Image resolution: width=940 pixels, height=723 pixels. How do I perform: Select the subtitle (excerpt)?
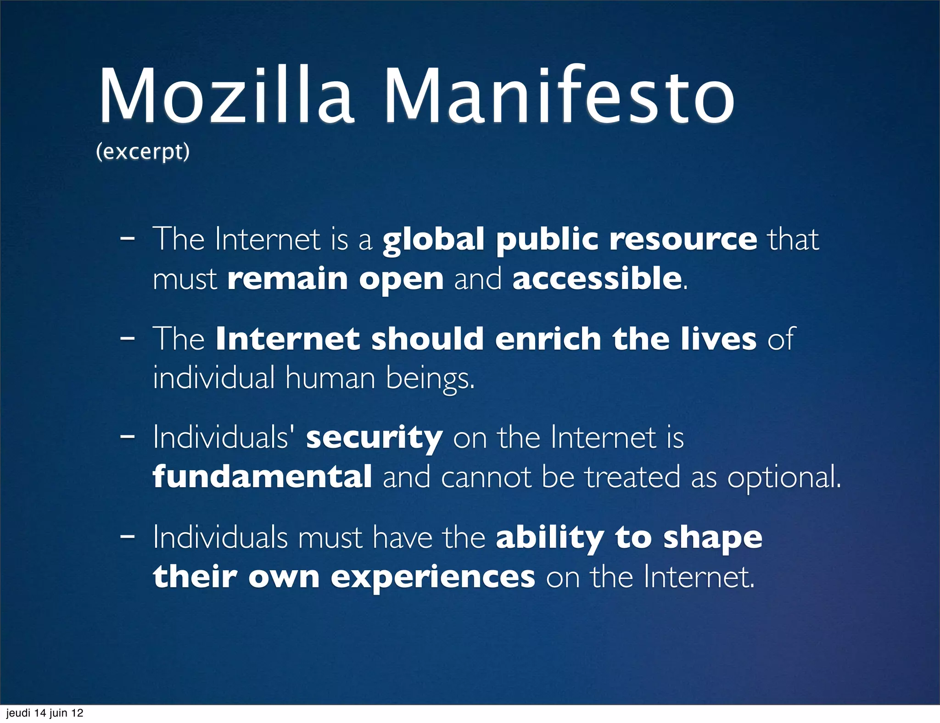[143, 152]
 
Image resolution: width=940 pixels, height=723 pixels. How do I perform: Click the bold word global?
[433, 239]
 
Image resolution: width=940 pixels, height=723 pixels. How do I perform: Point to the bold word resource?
[683, 239]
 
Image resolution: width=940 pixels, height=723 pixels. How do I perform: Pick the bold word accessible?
[597, 278]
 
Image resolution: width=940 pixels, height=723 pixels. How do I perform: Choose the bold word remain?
[287, 278]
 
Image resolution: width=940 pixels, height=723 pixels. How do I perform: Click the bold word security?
[374, 438]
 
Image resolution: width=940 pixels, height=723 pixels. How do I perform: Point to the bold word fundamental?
[262, 477]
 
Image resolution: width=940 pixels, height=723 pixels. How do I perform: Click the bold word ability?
[550, 538]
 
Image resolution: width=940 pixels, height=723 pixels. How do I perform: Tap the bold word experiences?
[433, 577]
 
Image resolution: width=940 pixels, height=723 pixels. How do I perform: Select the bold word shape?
[712, 538]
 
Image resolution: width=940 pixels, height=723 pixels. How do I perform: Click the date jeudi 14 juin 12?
[45, 713]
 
